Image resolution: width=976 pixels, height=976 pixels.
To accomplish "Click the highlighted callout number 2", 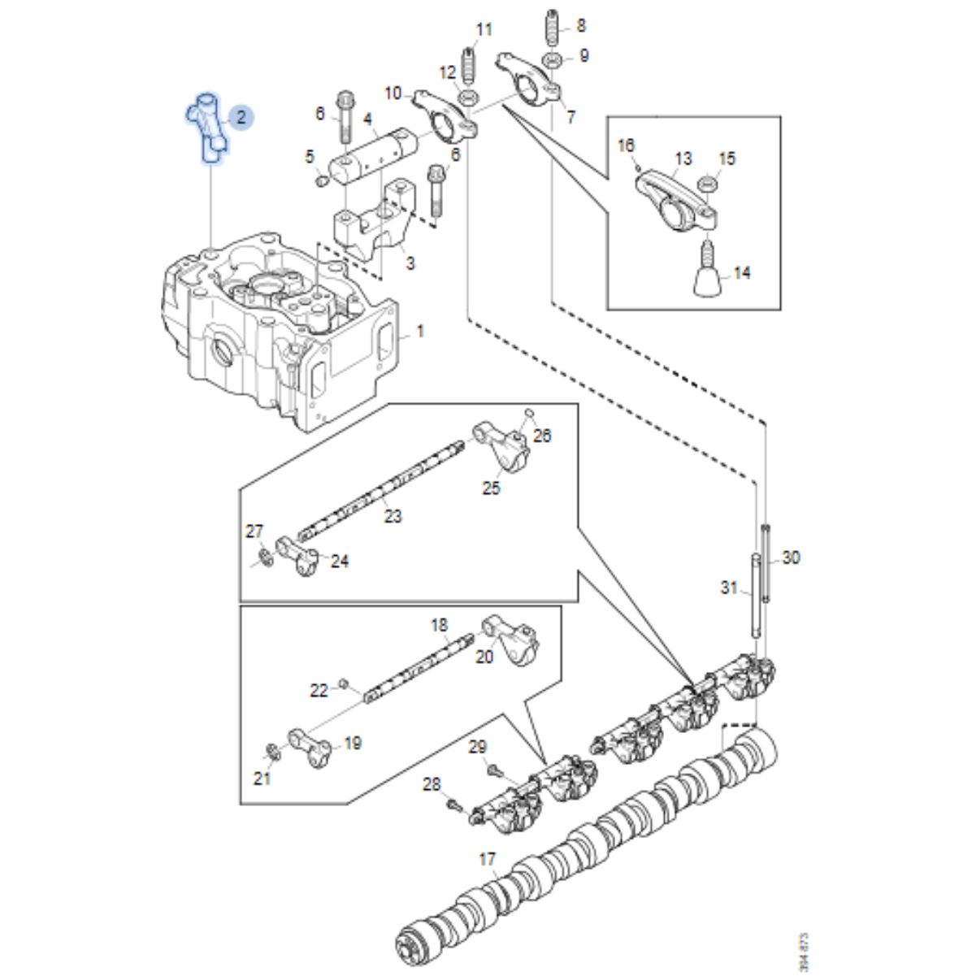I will tap(241, 117).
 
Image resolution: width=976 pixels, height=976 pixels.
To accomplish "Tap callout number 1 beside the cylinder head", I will tap(420, 332).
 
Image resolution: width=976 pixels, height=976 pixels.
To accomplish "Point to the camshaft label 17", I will tap(487, 859).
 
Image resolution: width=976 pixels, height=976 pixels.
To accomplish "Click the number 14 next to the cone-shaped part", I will tap(742, 273).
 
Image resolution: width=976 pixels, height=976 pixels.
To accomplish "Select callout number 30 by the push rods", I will tap(791, 557).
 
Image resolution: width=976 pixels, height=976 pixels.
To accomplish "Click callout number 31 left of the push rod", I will tap(729, 587).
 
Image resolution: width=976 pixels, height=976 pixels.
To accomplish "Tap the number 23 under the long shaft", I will tap(393, 516).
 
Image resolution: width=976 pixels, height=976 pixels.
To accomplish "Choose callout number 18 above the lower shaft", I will tap(439, 625).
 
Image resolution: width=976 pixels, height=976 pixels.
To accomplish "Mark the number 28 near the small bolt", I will tap(431, 784).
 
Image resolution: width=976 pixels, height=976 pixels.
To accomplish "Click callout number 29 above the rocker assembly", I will tap(478, 746).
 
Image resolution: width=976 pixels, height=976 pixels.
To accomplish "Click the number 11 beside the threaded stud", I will tap(484, 30).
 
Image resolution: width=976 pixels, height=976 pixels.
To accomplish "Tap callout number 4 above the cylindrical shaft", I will tap(367, 120).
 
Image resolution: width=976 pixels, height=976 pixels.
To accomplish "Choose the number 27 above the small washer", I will tap(255, 531).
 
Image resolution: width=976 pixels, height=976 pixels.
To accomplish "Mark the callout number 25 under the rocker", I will tap(491, 488).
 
